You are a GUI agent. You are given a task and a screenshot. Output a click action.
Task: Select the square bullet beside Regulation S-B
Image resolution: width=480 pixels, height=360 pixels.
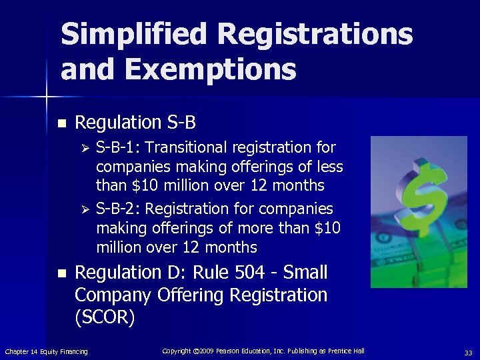(x=61, y=123)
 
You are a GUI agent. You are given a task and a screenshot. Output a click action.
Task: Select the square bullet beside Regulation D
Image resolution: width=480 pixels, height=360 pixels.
(x=61, y=273)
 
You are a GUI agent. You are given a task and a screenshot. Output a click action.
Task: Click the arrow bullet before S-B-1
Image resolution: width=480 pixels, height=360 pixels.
(x=85, y=147)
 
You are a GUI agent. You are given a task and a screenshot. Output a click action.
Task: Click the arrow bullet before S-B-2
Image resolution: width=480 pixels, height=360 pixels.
(x=85, y=210)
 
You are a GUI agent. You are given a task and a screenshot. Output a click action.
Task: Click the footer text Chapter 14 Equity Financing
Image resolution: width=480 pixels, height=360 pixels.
(x=46, y=351)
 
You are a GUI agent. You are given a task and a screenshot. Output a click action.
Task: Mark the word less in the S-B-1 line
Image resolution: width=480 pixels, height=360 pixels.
(x=329, y=166)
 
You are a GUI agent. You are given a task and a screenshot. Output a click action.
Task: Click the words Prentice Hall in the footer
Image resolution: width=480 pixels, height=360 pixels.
(x=345, y=351)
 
